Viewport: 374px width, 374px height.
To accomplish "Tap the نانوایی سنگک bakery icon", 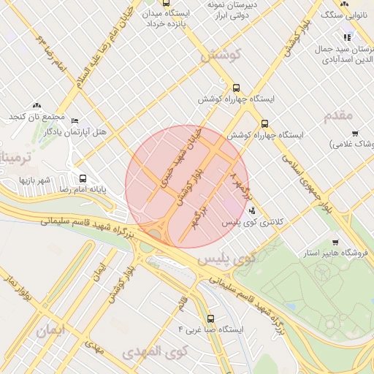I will point(344,4).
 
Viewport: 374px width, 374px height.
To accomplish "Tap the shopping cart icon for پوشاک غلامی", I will point(355,134).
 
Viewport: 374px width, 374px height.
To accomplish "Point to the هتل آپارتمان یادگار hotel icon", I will point(75,121).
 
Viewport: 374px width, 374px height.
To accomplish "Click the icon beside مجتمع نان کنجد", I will point(37,106).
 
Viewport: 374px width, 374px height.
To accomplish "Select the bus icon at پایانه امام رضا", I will point(83,178).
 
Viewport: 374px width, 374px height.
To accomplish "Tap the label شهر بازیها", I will point(34,179).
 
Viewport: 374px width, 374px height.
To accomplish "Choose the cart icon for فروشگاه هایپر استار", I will point(335,243).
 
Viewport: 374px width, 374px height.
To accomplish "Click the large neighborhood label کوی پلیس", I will point(237,258).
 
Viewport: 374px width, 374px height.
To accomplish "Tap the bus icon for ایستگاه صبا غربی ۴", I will point(211,318).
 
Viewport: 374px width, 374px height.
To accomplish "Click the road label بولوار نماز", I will point(17,291).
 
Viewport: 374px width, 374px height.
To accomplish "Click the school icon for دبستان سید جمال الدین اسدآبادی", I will point(347,37).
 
